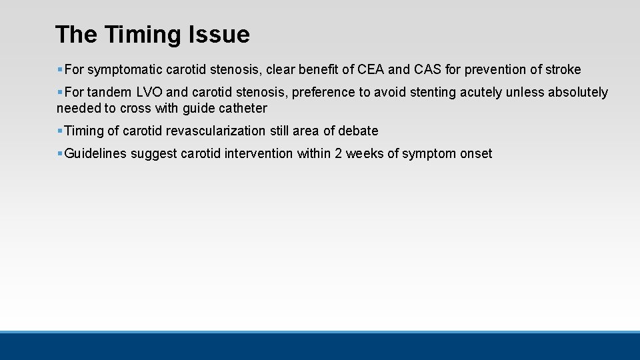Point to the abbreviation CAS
pos(429,69)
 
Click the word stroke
pos(563,69)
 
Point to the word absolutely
pos(577,92)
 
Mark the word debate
pos(358,131)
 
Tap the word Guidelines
pos(95,153)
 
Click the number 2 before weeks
pos(339,153)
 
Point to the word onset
pos(475,153)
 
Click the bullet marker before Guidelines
pos(60,153)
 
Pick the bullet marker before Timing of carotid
pos(60,131)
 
